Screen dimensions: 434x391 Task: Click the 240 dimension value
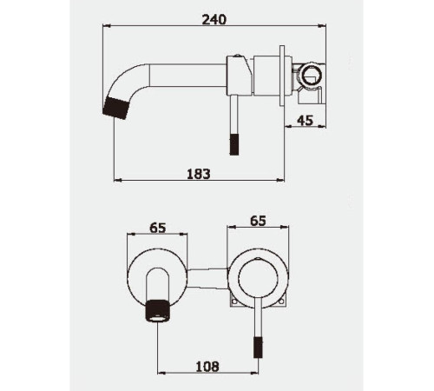tap(214, 20)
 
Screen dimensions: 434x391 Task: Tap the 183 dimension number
tap(199, 174)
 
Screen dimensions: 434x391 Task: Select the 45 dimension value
tap(305, 121)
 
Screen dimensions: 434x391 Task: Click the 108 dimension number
tap(207, 367)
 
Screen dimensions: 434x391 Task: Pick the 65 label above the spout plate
tap(158, 228)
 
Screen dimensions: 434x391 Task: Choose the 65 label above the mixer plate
tap(258, 221)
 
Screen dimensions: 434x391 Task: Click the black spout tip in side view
tap(115, 108)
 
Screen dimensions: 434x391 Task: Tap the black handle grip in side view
tap(234, 144)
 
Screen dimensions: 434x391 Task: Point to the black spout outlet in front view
tap(157, 311)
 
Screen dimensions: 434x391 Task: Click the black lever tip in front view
tap(258, 347)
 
